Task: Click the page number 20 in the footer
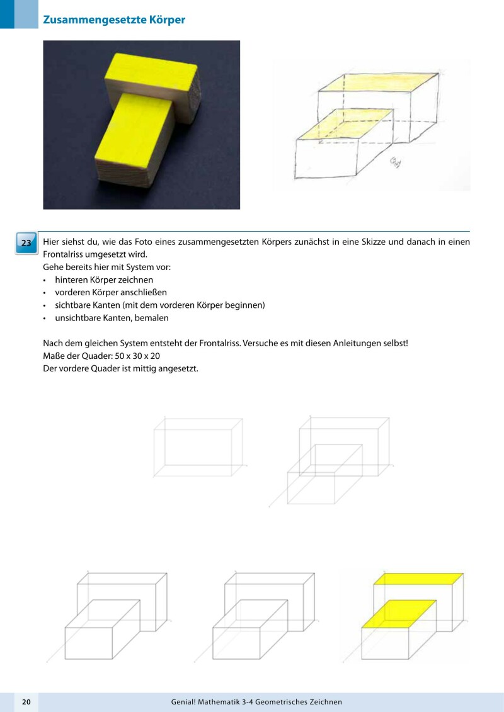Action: (x=26, y=701)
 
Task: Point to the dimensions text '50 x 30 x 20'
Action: (x=130, y=356)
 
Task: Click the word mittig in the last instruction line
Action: (x=134, y=368)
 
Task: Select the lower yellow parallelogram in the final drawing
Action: (x=399, y=614)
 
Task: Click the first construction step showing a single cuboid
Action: (x=198, y=448)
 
